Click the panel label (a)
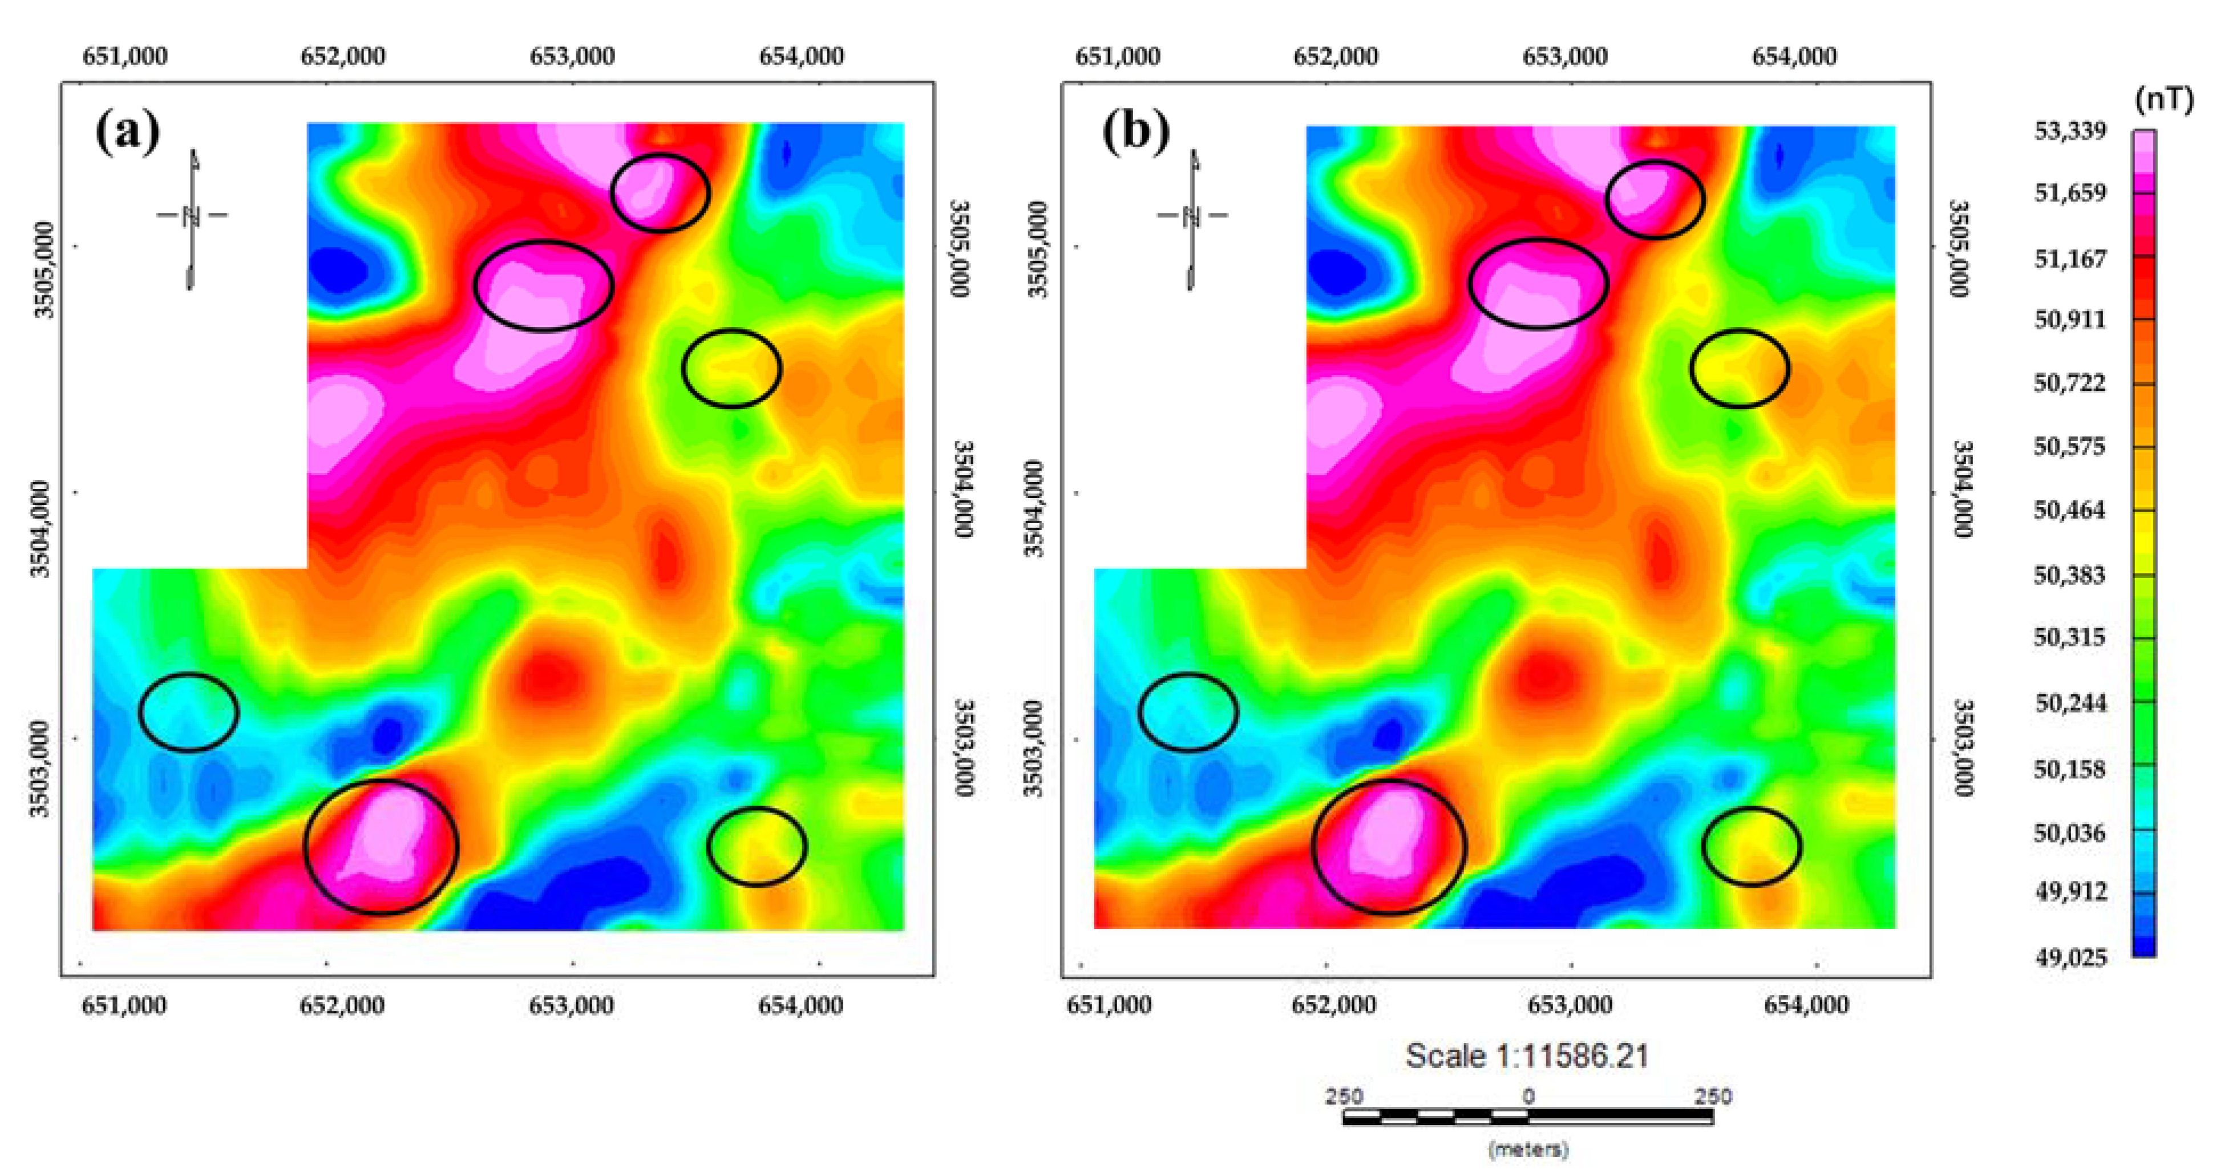(127, 132)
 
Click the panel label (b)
(1135, 132)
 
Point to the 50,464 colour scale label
(2069, 510)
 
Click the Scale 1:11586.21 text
(1527, 1055)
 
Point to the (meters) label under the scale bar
(1528, 1149)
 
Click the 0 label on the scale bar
(1528, 1097)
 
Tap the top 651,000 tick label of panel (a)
(125, 56)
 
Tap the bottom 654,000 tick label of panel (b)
(1806, 1005)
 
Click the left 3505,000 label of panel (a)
(43, 269)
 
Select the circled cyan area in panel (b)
(1188, 712)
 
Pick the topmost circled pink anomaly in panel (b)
(1654, 200)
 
